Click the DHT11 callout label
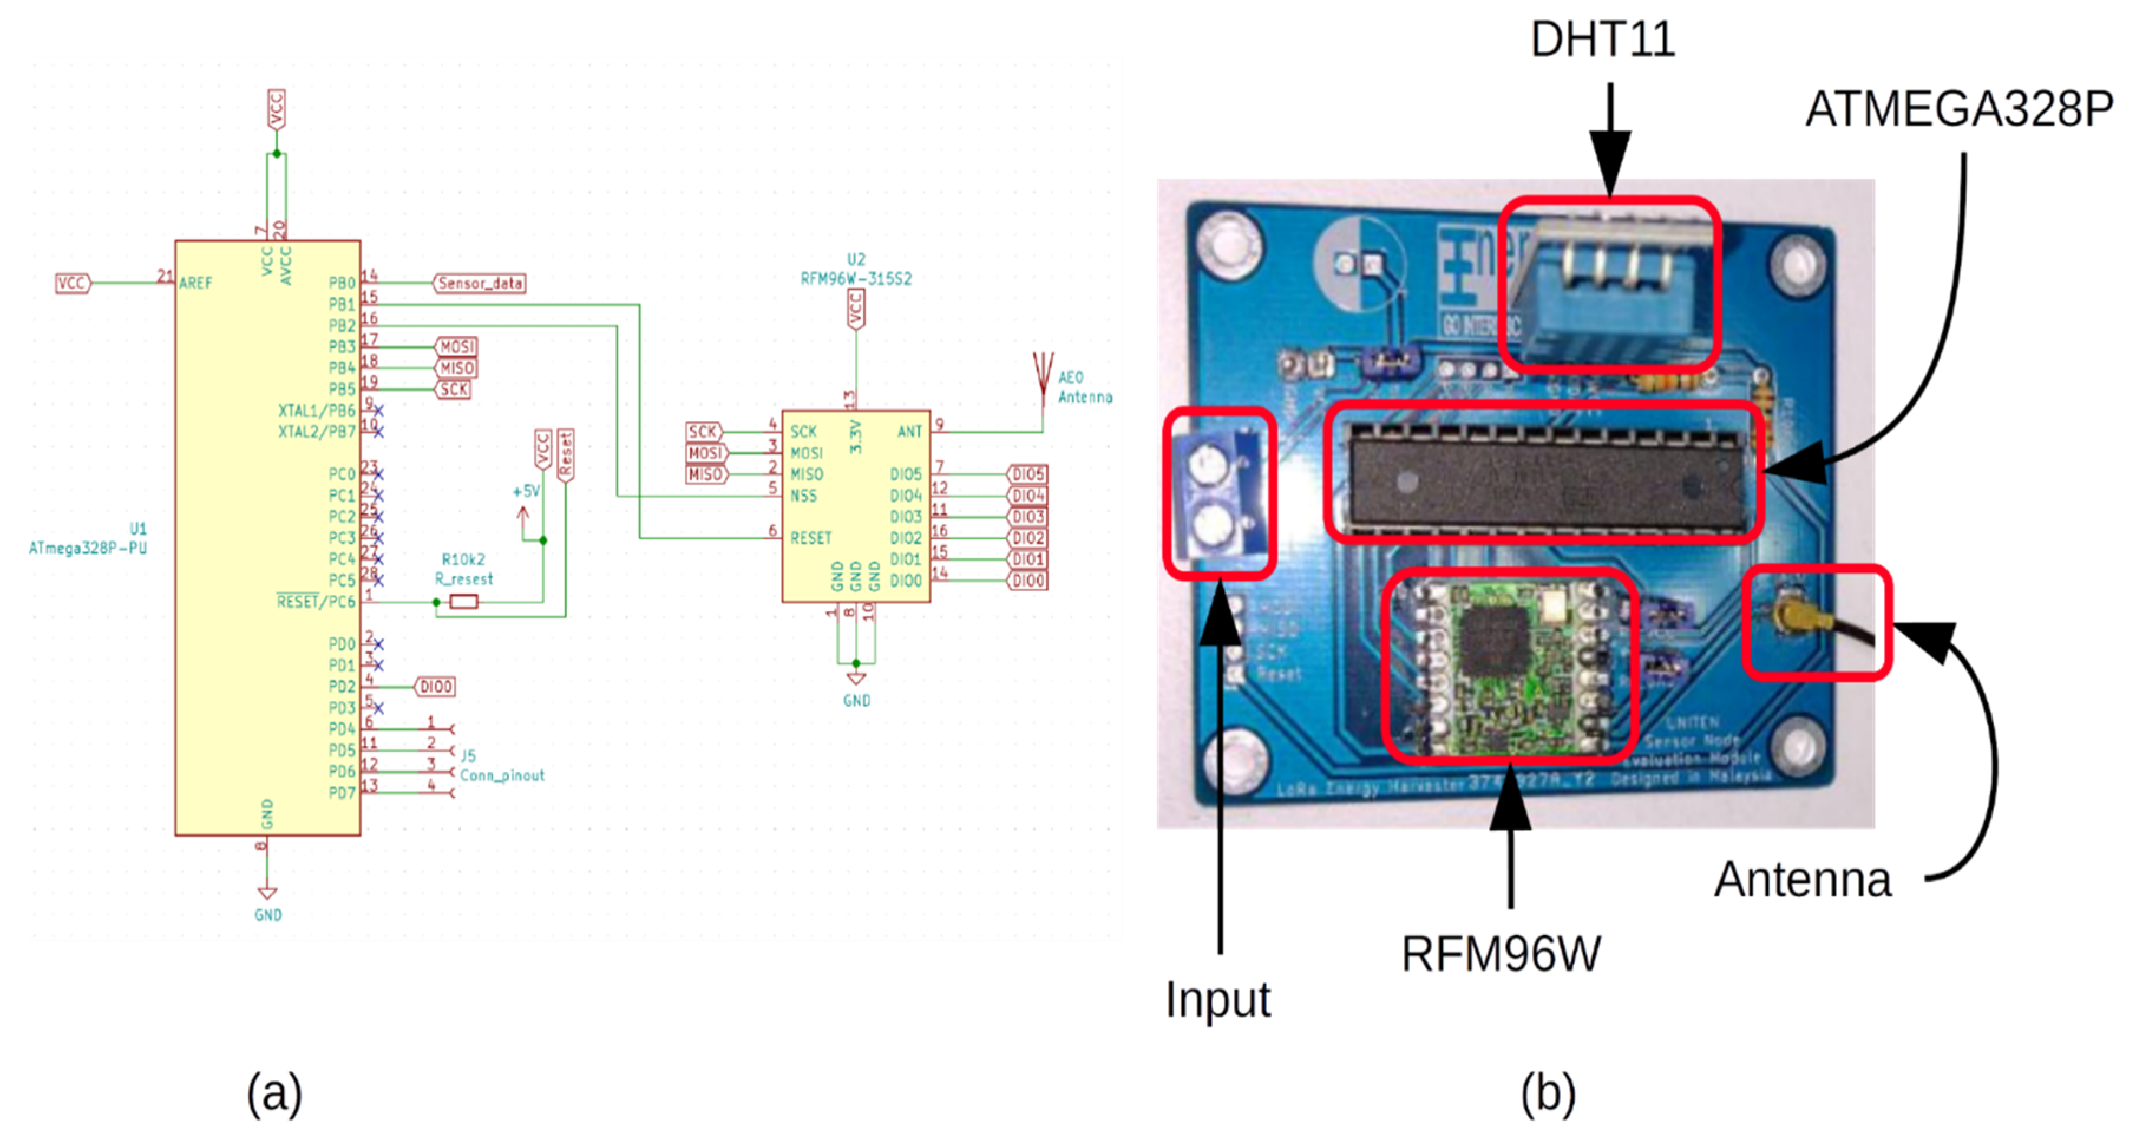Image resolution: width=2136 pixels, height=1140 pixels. pos(1602,39)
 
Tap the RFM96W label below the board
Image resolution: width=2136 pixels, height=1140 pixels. pos(1501,954)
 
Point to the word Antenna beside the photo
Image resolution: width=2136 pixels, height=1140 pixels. pos(1803,879)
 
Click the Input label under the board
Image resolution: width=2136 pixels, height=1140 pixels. pos(1217,999)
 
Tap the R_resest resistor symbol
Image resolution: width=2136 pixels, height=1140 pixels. pos(464,602)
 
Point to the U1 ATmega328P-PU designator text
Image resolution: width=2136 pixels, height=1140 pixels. pos(89,539)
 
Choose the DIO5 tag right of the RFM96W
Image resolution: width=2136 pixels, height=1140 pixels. pos(1027,474)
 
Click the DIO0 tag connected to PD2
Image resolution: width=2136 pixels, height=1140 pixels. pos(435,686)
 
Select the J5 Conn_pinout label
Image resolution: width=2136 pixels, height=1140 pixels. pos(501,766)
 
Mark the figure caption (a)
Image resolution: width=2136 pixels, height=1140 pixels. pos(274,1093)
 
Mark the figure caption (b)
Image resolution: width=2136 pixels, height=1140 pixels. pos(1547,1093)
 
